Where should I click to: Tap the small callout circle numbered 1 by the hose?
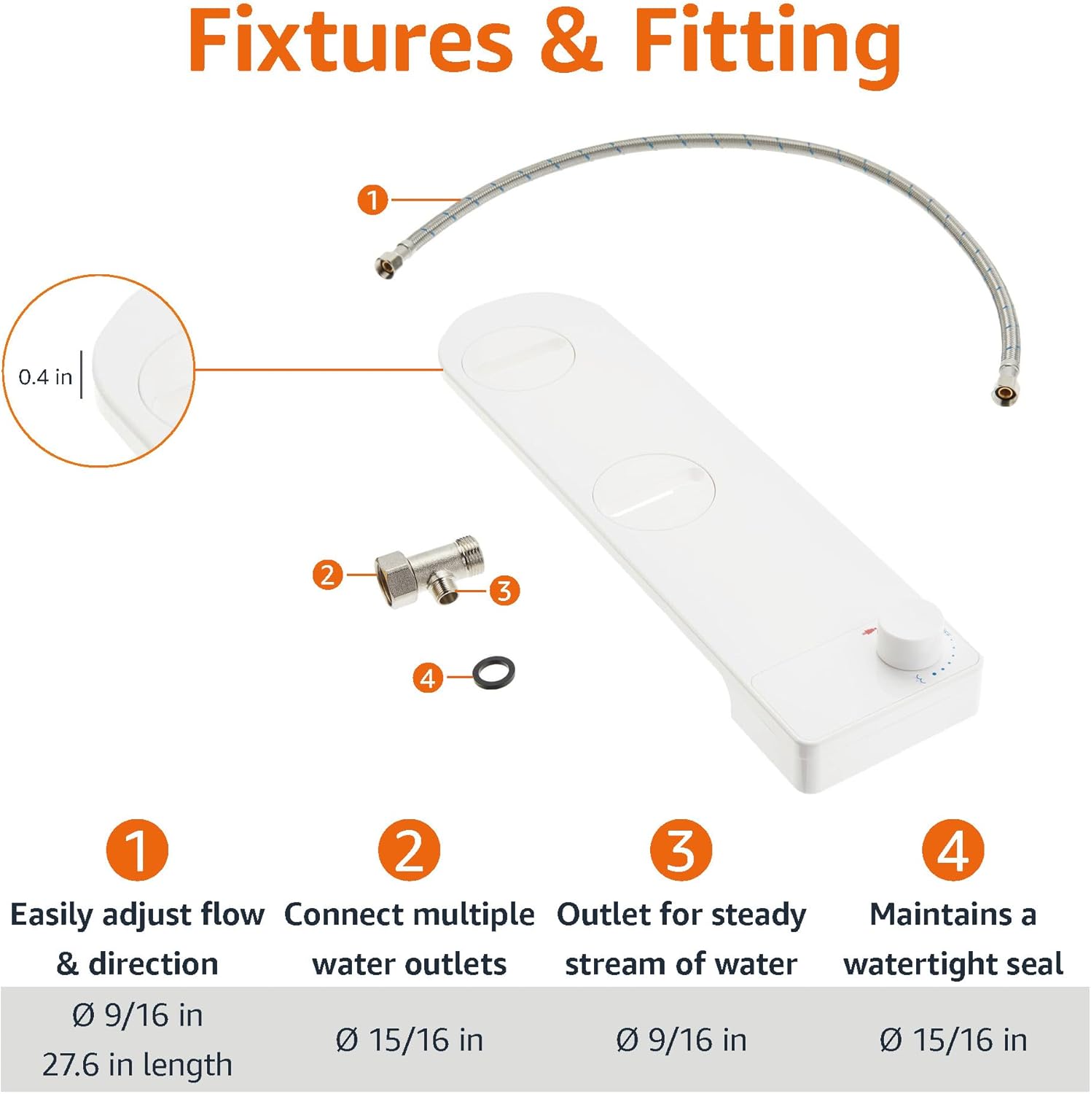click(x=372, y=199)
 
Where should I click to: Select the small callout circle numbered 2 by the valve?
click(x=327, y=575)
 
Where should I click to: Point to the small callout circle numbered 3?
click(x=504, y=590)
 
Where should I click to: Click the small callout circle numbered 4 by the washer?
click(x=428, y=678)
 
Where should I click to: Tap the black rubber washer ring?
click(x=493, y=672)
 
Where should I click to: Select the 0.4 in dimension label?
click(x=45, y=377)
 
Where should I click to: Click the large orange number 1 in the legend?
click(x=137, y=850)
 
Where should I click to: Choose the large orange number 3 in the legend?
click(x=681, y=850)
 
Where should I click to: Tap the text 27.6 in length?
click(x=137, y=1065)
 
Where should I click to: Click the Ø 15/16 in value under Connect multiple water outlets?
click(x=409, y=1040)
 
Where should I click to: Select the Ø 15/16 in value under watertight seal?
click(x=953, y=1040)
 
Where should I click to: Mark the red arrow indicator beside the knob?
click(x=867, y=631)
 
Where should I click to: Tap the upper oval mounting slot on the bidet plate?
click(x=518, y=357)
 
